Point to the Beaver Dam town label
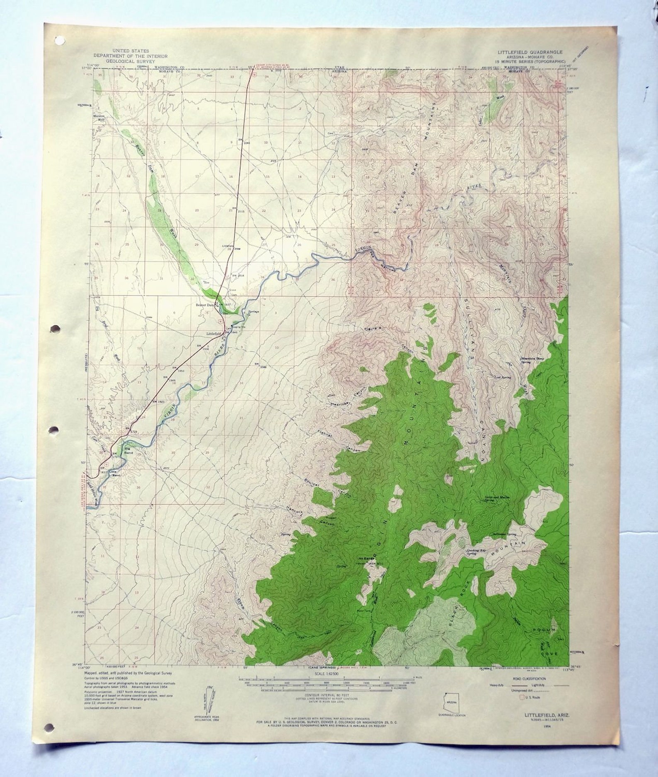[206, 305]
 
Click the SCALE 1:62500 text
[327, 674]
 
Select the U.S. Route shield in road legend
[522, 697]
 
